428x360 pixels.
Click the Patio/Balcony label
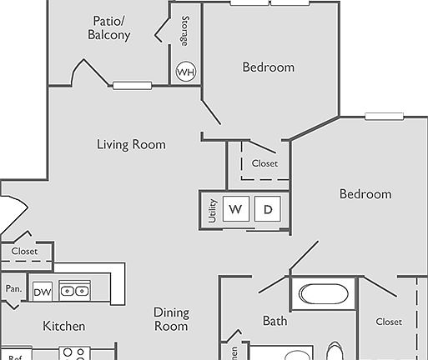click(109, 27)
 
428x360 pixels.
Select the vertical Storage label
click(184, 32)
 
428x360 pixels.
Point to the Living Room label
click(131, 145)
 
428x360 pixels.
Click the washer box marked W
click(235, 209)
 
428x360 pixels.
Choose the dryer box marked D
click(268, 209)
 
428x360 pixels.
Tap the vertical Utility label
click(213, 209)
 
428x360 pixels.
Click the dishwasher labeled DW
click(43, 292)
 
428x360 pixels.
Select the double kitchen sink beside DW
click(74, 291)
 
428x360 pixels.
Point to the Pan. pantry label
click(13, 288)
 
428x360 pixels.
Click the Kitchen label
click(63, 326)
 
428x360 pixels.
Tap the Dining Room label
click(171, 319)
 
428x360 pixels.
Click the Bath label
click(275, 320)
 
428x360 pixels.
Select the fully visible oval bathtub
click(323, 294)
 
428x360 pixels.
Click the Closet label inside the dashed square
click(264, 163)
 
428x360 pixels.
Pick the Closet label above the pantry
click(24, 251)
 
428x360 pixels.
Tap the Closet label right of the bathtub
click(389, 322)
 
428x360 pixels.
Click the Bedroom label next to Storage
click(268, 67)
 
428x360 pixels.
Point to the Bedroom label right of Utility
click(365, 194)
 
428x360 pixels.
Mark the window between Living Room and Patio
click(132, 85)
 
